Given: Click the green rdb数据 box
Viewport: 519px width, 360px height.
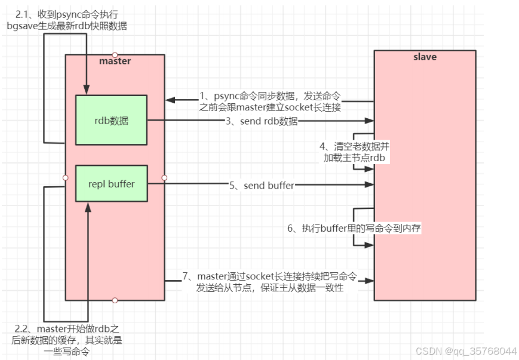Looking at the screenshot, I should pos(111,120).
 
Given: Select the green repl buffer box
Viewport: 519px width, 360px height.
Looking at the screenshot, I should pos(111,184).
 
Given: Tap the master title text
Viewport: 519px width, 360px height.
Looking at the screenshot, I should pos(115,61).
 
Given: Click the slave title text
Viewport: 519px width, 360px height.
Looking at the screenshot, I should pos(425,57).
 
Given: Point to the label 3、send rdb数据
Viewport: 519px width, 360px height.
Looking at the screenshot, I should pos(260,122).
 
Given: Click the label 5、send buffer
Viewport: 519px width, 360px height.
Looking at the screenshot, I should pos(262,186).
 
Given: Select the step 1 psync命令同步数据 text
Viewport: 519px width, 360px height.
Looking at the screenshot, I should pos(272,101).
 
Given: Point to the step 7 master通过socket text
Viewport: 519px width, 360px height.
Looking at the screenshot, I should pos(269,282).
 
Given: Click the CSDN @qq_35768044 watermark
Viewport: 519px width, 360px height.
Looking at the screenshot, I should pos(465,350).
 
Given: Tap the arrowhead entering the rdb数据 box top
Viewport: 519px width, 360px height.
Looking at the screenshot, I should pos(87,91).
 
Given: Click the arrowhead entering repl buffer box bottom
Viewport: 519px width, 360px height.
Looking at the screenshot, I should pos(88,206).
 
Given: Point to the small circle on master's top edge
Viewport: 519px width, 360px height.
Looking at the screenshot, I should pos(115,54).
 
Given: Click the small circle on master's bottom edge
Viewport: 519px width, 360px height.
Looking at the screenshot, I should pos(115,300).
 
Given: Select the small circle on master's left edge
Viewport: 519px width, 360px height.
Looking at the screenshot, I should pos(65,177).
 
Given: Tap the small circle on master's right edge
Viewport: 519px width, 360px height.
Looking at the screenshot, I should pos(164,177).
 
